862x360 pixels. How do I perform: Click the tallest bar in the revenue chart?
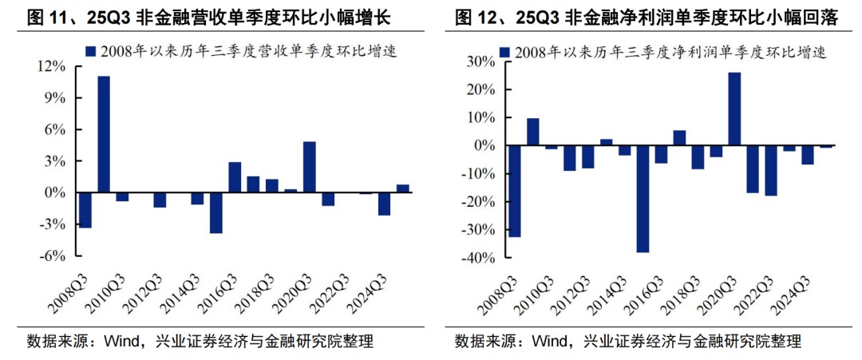coord(104,134)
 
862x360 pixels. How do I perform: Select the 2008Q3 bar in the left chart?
coord(85,210)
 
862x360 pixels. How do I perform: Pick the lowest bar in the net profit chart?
coord(643,199)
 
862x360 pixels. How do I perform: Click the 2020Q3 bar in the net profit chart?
coord(734,109)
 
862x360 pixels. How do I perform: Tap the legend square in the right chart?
coord(504,53)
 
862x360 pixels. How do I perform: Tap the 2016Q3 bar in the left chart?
coord(235,177)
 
